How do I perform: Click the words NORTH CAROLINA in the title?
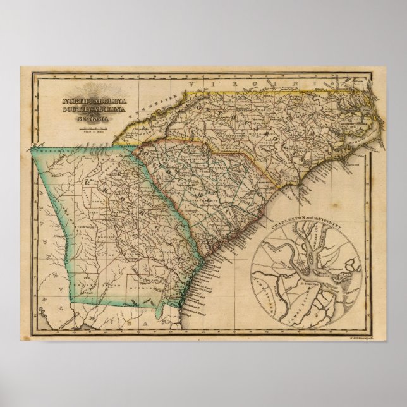95,100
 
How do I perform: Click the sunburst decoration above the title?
95,90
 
